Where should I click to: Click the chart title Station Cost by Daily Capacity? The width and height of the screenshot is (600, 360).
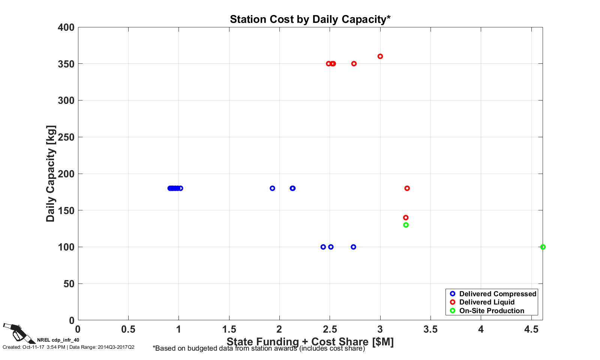tap(310, 19)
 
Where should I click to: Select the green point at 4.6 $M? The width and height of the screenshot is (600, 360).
tap(543, 247)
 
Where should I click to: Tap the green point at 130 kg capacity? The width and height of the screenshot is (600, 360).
tap(406, 225)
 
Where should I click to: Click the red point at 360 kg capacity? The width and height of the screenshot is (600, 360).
tap(380, 56)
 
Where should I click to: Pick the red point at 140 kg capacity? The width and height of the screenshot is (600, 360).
tap(406, 217)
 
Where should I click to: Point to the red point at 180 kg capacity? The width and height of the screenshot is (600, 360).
tap(407, 188)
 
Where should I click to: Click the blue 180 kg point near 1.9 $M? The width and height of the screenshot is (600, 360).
tap(272, 188)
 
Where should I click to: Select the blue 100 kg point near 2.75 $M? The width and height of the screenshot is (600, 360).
tap(353, 247)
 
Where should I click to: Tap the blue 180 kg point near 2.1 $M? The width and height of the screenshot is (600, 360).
tap(292, 188)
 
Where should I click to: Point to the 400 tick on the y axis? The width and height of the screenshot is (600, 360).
tap(66, 27)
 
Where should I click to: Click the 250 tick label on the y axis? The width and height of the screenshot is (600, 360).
tap(66, 137)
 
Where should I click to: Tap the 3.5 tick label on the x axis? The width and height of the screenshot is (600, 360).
tap(430, 329)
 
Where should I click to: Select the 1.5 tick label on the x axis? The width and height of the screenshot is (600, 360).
tap(229, 329)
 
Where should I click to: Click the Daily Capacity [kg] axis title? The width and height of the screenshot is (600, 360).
tap(51, 174)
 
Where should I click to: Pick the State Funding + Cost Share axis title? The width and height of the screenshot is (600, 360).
tap(310, 342)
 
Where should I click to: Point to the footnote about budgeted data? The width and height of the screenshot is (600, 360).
tap(259, 348)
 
